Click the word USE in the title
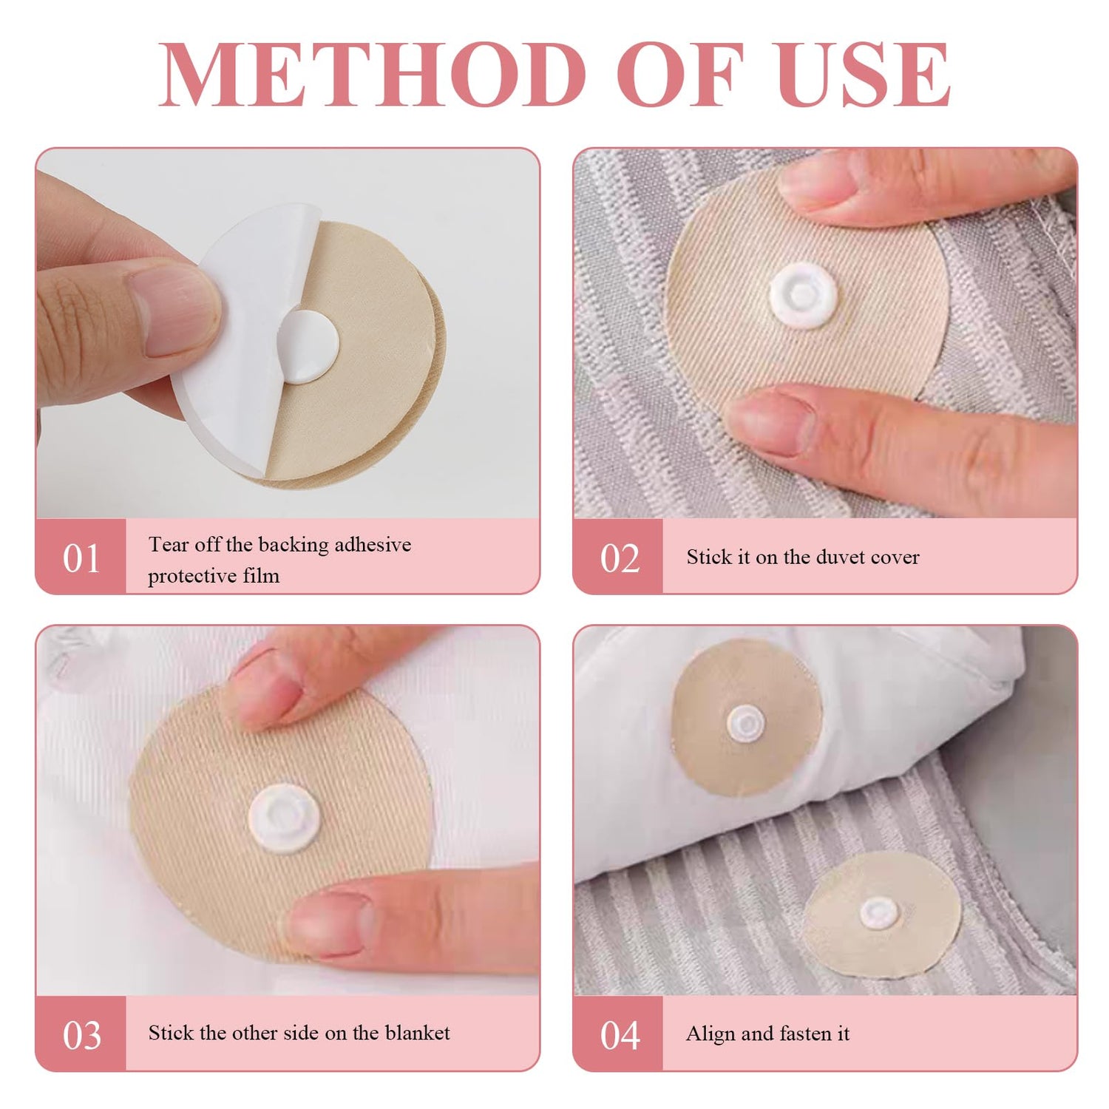coord(864,74)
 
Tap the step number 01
coord(81,559)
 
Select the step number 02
coord(620,559)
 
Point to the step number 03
coord(81,1036)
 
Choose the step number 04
coord(620,1036)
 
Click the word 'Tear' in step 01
coord(169,545)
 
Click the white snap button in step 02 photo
coord(804,298)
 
